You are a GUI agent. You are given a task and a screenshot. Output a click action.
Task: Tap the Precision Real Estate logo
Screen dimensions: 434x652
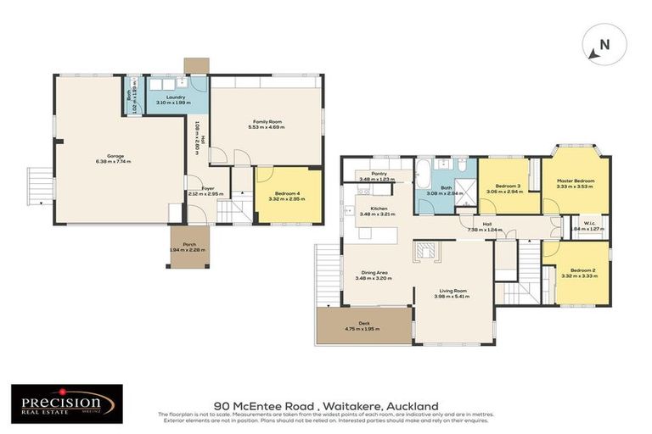tap(66, 403)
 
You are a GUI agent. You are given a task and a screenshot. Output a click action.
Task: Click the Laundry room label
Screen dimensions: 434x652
tap(176, 100)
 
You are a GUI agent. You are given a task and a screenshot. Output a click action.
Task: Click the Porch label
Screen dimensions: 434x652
tap(188, 247)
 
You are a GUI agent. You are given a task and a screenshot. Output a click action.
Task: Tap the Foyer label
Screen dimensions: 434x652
tap(206, 190)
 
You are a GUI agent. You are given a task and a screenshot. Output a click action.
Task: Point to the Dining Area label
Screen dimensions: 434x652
tap(373, 275)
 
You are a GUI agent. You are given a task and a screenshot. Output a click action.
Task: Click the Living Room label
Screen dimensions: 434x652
tap(451, 293)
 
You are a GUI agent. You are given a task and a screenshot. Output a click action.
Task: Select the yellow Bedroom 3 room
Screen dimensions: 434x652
tap(508, 187)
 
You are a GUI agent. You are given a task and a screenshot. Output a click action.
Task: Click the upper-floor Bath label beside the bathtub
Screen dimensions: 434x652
tap(446, 190)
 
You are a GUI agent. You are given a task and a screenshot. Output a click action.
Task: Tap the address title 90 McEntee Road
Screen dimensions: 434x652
tap(326, 406)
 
